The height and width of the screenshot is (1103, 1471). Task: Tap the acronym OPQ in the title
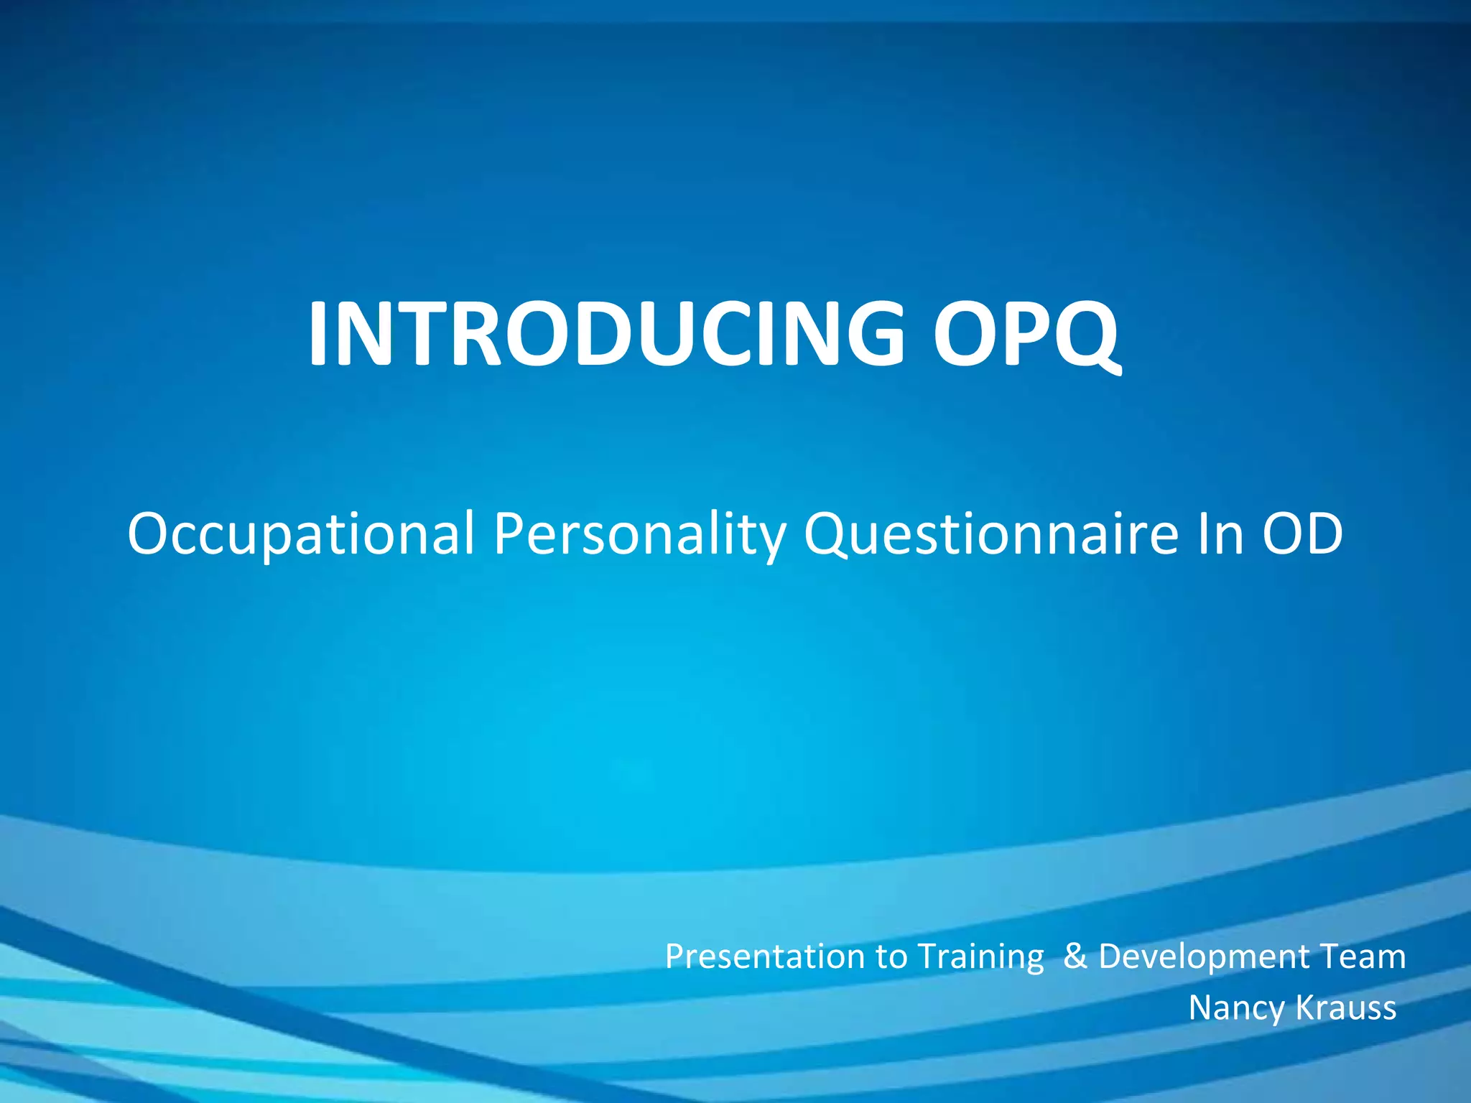point(1026,335)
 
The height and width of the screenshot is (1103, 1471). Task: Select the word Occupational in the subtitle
point(300,534)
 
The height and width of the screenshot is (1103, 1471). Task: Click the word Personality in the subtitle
point(639,534)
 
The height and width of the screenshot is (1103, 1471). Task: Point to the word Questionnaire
point(990,534)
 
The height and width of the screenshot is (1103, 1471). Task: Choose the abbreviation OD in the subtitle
point(1302,534)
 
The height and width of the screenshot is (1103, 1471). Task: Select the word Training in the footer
point(980,957)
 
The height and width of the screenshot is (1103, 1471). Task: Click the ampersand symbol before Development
point(1075,957)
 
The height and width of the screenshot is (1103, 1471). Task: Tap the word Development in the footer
point(1205,957)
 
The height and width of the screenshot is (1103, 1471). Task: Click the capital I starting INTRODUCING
point(317,335)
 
